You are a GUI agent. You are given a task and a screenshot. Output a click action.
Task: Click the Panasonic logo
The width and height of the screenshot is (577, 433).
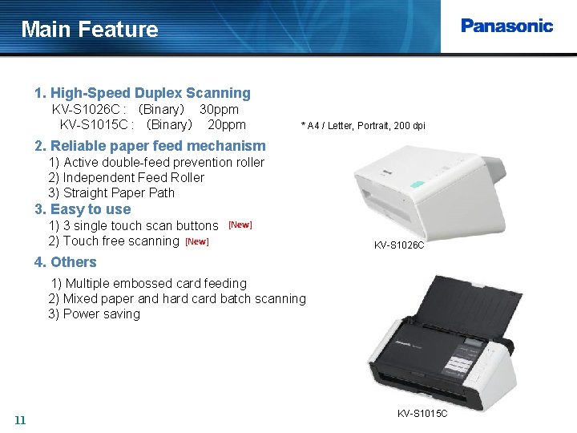506,26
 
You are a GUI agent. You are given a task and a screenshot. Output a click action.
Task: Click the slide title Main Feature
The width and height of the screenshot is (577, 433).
90,30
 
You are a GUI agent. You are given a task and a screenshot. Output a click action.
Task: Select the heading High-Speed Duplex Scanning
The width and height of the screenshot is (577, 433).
143,93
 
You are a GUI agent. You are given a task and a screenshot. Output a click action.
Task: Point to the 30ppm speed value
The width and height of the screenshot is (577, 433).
219,109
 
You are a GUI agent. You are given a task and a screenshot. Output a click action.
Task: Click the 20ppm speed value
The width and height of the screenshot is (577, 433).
226,124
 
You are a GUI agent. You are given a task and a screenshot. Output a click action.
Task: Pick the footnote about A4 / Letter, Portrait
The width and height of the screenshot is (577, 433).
363,126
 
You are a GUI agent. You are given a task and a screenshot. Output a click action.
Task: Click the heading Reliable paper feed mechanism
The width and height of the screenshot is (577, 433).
150,146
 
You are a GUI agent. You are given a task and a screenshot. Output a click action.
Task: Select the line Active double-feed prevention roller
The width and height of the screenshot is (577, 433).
156,162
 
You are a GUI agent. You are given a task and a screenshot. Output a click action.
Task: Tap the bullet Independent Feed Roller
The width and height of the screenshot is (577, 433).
126,177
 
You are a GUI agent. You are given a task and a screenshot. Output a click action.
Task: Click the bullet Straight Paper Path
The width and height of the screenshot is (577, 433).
111,192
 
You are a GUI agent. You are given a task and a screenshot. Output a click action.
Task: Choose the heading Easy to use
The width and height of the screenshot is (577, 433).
83,209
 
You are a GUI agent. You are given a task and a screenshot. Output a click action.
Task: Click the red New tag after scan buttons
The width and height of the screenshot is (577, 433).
240,225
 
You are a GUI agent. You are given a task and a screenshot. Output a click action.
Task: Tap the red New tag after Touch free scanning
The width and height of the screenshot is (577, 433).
196,241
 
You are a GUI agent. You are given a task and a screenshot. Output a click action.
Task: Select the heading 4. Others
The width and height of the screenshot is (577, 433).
66,262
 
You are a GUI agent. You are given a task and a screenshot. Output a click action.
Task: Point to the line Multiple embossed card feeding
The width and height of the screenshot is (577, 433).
149,283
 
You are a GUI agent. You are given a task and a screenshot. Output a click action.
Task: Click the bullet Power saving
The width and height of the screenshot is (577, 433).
94,314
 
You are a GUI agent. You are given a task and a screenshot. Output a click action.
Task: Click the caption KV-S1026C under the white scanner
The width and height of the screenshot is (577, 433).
399,245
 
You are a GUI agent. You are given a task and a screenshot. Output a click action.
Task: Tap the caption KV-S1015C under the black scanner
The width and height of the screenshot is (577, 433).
422,413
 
